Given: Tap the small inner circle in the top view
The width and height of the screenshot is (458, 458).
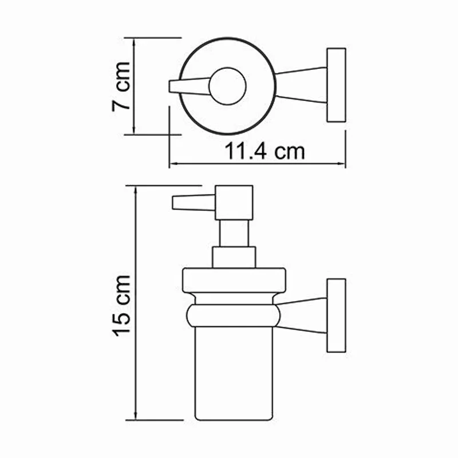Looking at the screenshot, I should (x=227, y=86).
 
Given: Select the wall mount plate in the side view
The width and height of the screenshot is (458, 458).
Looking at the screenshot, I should (x=336, y=316).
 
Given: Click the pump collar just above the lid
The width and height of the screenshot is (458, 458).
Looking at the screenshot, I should (x=234, y=257).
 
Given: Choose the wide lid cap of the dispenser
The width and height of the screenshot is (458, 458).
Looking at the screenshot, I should (x=234, y=280).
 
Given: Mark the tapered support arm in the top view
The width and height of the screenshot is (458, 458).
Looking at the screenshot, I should (x=302, y=86).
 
